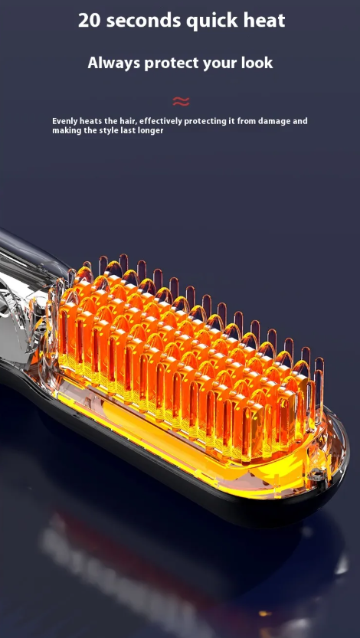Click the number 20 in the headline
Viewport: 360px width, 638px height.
[x=90, y=21]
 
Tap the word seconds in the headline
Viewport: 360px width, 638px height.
[x=142, y=21]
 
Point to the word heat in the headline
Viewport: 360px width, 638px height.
[x=263, y=20]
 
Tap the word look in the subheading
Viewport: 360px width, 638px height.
[x=257, y=63]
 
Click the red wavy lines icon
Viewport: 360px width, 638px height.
[x=181, y=101]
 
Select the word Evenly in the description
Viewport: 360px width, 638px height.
[x=64, y=121]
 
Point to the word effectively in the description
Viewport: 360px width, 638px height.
[x=159, y=121]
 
